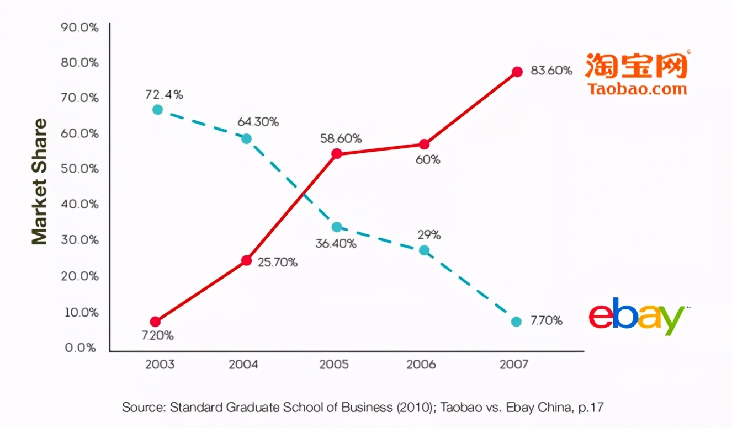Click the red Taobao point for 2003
coord(155,322)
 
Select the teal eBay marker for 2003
coord(157,110)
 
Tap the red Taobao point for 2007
coord(517,72)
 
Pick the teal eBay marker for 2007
coord(516,322)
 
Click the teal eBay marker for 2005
coord(337,227)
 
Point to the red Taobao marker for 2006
coord(424,145)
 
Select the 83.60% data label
coord(551,71)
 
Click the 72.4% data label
coord(164,95)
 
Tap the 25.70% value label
coord(278,263)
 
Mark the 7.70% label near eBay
coord(547,321)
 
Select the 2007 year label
coord(513,365)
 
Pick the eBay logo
coord(636,318)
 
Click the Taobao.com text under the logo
coord(637,89)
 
